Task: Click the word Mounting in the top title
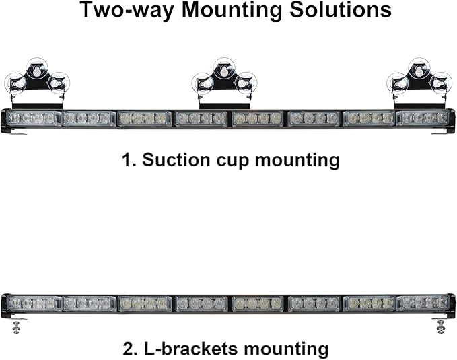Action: point(232,11)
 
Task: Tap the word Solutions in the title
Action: point(341,10)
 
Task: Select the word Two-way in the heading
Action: point(127,11)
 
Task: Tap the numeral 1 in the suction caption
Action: point(127,160)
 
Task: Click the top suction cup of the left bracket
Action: point(37,69)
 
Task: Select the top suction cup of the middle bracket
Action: point(224,69)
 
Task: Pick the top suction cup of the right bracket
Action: point(419,69)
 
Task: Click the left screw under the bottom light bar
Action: point(16,327)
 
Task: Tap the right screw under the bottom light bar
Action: point(441,327)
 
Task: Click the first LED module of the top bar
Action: point(33,118)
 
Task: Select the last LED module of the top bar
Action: point(423,118)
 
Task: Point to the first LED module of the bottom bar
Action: point(33,303)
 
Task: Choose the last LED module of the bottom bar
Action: point(423,303)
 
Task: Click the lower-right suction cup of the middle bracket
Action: point(246,83)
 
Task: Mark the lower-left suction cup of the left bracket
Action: point(15,84)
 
